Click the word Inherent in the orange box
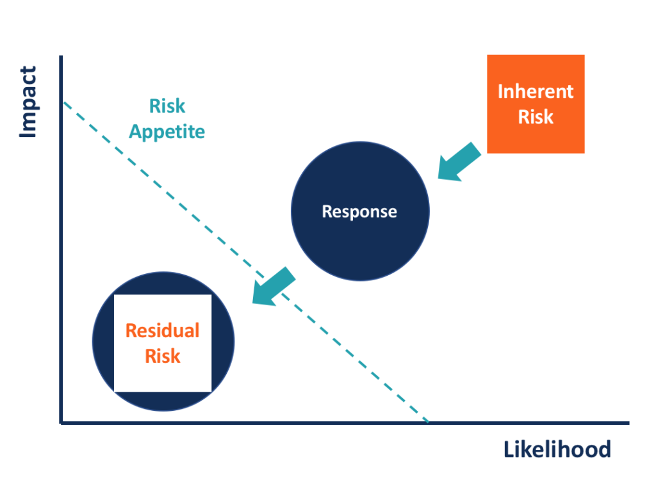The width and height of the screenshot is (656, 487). coord(536,91)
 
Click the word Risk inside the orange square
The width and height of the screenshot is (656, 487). coord(536,117)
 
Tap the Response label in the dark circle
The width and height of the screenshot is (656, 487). coord(359,211)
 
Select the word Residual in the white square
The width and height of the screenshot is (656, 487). coord(163,330)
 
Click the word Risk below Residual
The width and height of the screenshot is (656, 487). coord(163,356)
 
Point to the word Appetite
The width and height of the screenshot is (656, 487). coord(167,132)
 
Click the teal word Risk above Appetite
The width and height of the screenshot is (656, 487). coord(167,106)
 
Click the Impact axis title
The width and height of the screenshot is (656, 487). coord(28,102)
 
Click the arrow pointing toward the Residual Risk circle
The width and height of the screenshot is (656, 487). coord(274,286)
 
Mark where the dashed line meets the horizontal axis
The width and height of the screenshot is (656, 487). coord(428,422)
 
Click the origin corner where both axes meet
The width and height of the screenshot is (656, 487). coord(61,422)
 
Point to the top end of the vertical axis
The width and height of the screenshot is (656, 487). coord(61,58)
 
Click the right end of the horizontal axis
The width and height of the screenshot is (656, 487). coord(628,422)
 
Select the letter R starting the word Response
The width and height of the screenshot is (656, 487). coord(326,211)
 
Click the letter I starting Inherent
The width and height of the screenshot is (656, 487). coord(500,91)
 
